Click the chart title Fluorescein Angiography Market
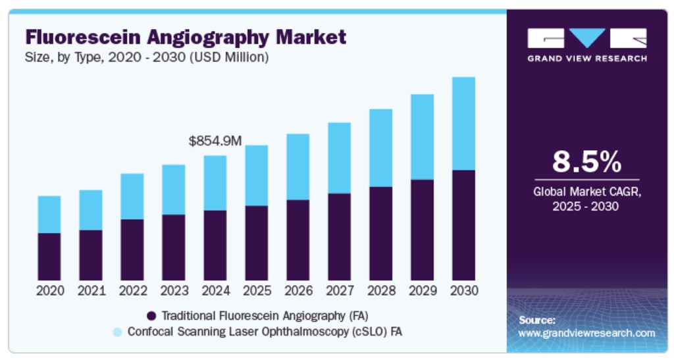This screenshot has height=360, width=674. [x=186, y=37]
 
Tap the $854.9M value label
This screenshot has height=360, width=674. [x=215, y=141]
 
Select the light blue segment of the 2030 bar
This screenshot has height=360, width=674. [x=463, y=124]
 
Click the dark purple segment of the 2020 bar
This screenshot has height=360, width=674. [x=49, y=257]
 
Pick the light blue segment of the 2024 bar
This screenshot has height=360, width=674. [x=215, y=183]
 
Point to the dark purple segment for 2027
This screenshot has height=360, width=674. [x=340, y=237]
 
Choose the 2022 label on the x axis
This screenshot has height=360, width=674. [x=132, y=290]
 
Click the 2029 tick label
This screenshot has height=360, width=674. [x=423, y=290]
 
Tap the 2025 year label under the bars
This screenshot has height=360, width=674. [x=257, y=290]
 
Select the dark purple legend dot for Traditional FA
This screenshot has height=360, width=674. [x=151, y=315]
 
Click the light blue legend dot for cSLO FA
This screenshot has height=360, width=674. [x=117, y=332]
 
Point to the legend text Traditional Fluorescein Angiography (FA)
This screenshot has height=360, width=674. [x=269, y=315]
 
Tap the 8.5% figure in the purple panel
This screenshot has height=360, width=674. [x=586, y=161]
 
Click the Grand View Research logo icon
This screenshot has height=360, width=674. [x=586, y=38]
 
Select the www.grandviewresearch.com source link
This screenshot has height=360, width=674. [x=586, y=333]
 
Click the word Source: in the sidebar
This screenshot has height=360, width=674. [x=537, y=321]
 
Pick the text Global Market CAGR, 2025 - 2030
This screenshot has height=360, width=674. [x=586, y=199]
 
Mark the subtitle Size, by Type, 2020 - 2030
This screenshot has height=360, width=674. [x=147, y=57]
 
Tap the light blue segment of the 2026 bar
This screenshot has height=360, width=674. [x=298, y=167]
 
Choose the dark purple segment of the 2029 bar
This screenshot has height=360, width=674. [x=423, y=230]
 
